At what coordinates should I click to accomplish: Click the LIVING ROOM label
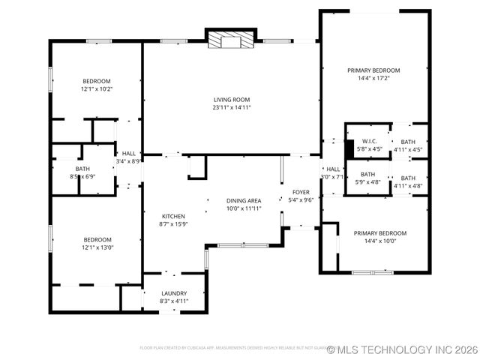(232, 99)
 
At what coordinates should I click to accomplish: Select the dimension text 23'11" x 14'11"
(232, 107)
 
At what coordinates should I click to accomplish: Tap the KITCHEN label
(172, 215)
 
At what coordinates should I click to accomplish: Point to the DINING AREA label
(244, 200)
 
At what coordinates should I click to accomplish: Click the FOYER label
(301, 192)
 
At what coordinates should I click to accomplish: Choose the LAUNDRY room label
(174, 293)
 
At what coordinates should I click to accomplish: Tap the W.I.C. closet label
(368, 141)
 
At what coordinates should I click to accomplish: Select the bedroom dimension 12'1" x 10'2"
(97, 89)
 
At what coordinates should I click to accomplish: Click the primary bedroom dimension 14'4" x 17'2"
(373, 78)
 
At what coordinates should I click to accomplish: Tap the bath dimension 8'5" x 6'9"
(82, 177)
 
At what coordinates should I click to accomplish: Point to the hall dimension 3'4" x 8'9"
(129, 161)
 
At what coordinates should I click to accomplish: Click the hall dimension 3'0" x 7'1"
(333, 177)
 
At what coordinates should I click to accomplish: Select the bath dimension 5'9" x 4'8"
(367, 181)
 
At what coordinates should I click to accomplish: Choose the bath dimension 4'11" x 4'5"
(408, 149)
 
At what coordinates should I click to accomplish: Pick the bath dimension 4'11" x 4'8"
(408, 185)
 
